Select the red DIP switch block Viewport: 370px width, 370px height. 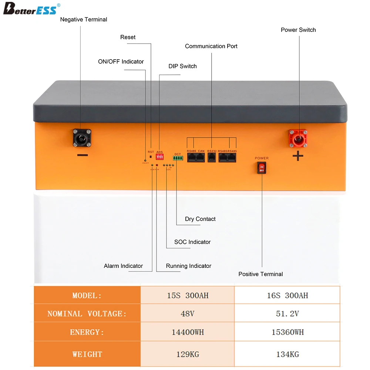click(159, 157)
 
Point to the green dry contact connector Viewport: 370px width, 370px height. click(178, 158)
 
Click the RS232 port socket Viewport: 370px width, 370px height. click(212, 158)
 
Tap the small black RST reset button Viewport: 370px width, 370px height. click(151, 157)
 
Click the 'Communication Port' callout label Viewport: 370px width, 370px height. click(211, 46)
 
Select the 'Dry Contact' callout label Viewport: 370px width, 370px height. click(200, 219)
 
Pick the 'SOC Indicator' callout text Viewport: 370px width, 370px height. click(192, 242)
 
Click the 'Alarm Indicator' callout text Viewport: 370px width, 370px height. click(123, 266)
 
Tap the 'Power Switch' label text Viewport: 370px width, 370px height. click(298, 30)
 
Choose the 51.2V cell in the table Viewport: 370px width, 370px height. click(287, 314)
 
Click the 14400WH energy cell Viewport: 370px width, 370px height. click(188, 332)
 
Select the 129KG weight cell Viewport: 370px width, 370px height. click(188, 354)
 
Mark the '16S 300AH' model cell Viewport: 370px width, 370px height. click(287, 296)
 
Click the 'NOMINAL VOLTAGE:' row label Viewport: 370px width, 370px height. click(87, 314)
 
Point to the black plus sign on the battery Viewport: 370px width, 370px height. click(298, 156)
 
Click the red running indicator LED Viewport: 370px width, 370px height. click(157, 165)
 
